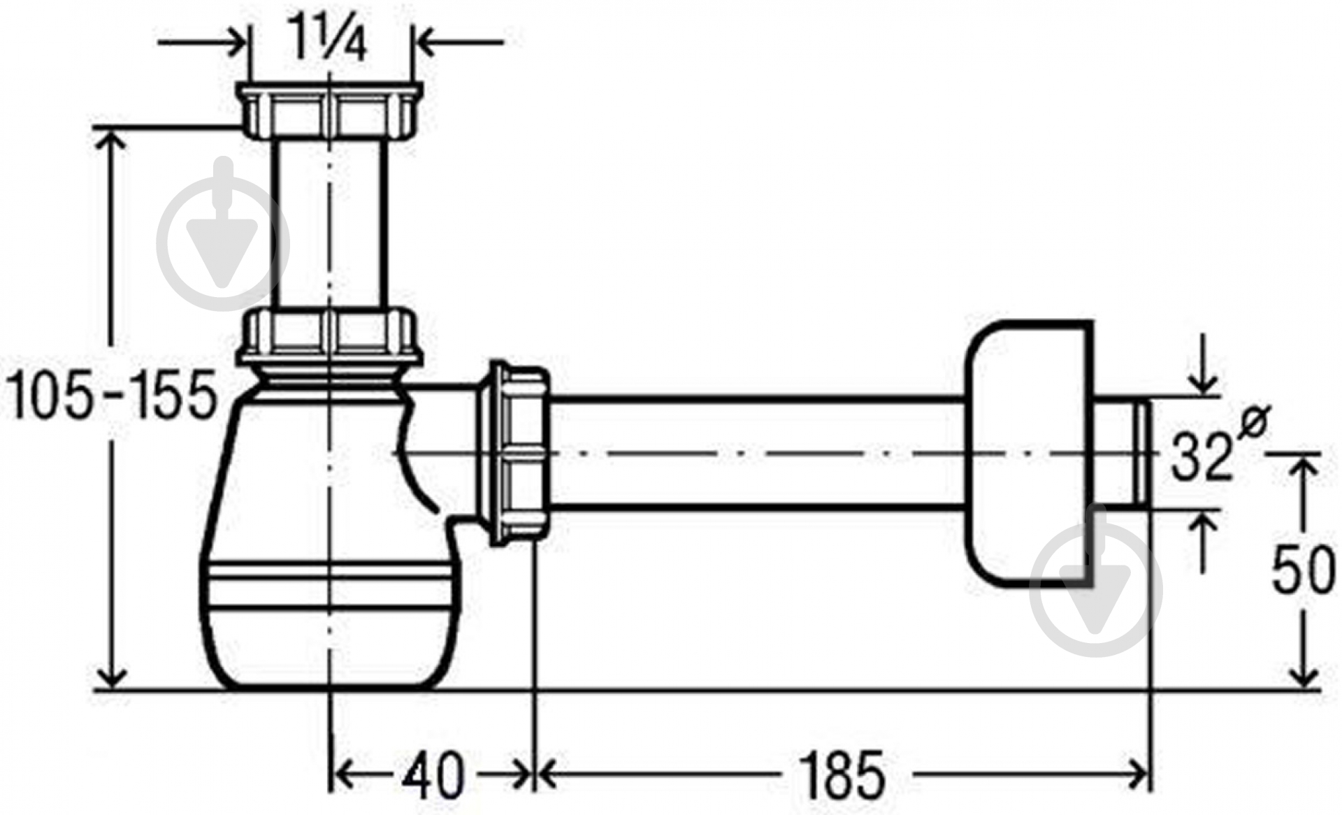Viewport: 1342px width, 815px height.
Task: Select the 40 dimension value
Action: click(433, 775)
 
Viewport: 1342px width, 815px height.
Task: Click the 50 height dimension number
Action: click(1301, 569)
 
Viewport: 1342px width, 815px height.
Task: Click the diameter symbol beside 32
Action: click(1251, 421)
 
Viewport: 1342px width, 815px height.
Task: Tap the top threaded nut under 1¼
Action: click(329, 110)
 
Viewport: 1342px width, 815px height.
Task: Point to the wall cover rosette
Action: click(1027, 453)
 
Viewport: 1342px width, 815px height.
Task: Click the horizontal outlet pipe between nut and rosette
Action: click(758, 452)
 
